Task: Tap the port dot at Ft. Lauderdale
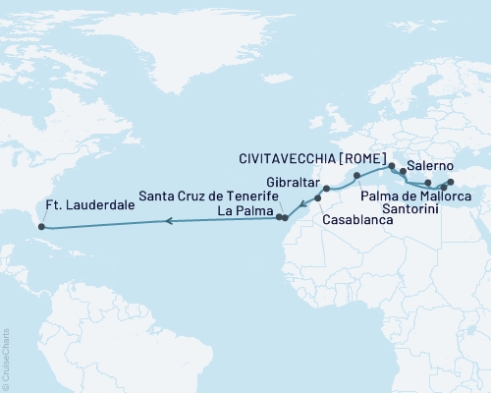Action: coord(41,226)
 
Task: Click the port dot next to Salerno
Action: coord(403,172)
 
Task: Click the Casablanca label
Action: coord(358,222)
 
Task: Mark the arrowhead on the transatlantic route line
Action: coord(168,221)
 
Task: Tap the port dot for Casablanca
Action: coord(317,199)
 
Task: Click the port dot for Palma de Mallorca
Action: coord(357,176)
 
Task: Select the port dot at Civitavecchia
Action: coord(392,166)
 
